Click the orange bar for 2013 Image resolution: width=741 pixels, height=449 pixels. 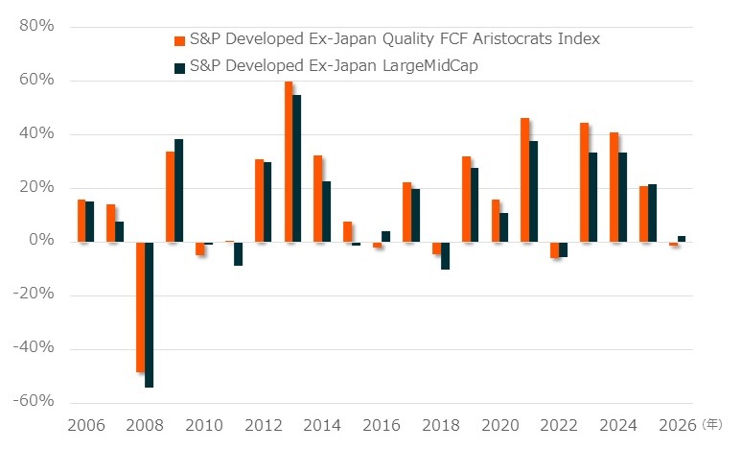click(289, 161)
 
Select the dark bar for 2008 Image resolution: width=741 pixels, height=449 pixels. click(149, 314)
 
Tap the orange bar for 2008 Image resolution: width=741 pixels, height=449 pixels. click(140, 306)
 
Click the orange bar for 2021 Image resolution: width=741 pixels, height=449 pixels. click(525, 179)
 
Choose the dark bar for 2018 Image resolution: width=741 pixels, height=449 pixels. click(446, 255)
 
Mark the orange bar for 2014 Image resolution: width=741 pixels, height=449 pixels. click(318, 198)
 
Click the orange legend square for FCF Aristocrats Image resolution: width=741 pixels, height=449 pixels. click(178, 41)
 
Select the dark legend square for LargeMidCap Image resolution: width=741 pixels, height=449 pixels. click(178, 68)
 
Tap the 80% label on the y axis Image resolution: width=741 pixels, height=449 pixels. click(36, 26)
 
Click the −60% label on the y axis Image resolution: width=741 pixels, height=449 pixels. click(34, 402)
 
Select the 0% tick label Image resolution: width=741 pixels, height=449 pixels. click(41, 241)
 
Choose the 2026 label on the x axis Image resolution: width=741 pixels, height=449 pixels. click(677, 424)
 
